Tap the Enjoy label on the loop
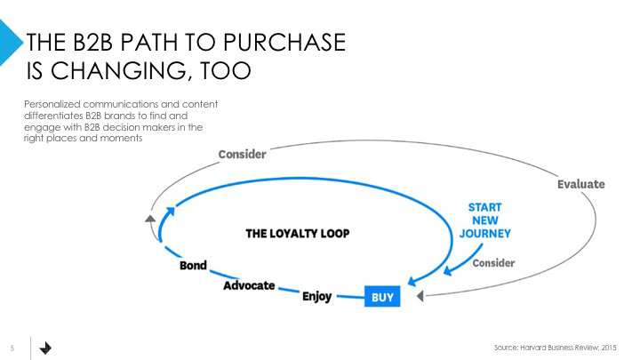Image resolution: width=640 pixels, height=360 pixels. pyautogui.click(x=317, y=296)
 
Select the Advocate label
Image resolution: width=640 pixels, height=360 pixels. pyautogui.click(x=249, y=286)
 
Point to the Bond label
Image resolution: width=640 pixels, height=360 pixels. pyautogui.click(x=193, y=266)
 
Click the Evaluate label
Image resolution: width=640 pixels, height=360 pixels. pyautogui.click(x=580, y=184)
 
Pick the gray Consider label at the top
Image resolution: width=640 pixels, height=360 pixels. pyautogui.click(x=242, y=154)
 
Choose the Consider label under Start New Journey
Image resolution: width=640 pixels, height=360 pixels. pyautogui.click(x=493, y=263)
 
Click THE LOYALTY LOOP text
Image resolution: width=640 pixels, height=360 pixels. pyautogui.click(x=297, y=234)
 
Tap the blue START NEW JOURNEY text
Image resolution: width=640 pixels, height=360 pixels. pyautogui.click(x=484, y=220)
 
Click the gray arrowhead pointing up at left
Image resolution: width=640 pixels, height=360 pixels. pyautogui.click(x=150, y=217)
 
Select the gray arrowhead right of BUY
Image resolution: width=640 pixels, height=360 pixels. pyautogui.click(x=421, y=295)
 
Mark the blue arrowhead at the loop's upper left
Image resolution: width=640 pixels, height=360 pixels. pyautogui.click(x=172, y=211)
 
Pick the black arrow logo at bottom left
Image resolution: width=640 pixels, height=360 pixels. pyautogui.click(x=46, y=348)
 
